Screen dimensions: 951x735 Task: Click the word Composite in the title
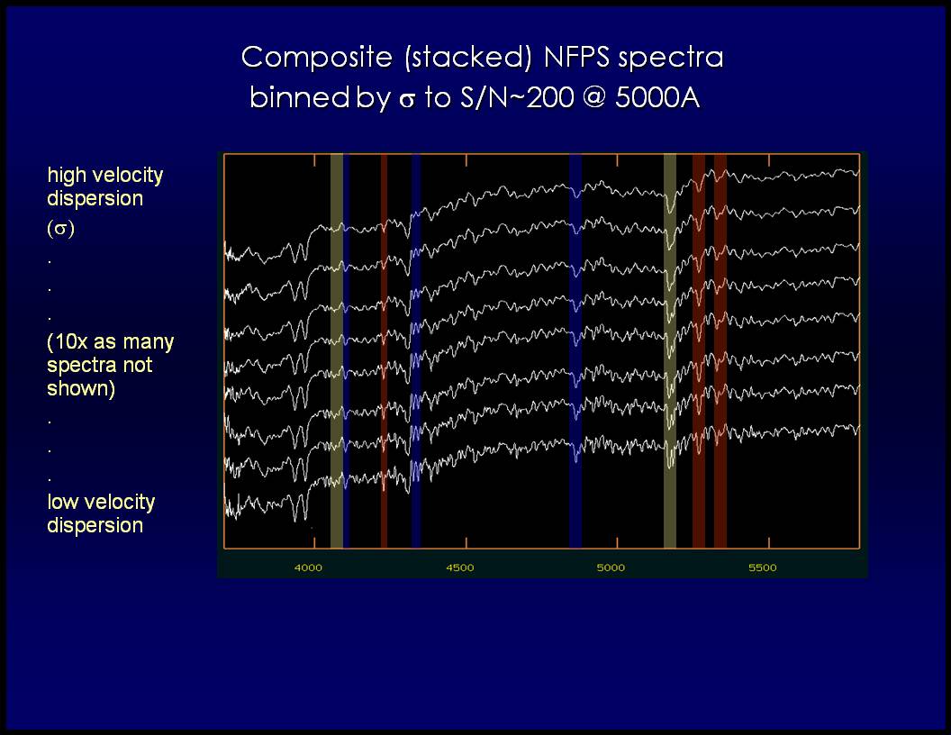coord(317,59)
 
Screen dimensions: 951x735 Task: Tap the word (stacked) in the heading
coord(468,58)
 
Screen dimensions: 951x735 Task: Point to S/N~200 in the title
coord(517,97)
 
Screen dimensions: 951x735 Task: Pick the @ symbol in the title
coord(594,97)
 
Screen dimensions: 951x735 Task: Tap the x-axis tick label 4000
coord(308,567)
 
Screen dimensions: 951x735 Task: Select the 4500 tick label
coord(459,567)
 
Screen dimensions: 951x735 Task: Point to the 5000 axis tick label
coord(611,567)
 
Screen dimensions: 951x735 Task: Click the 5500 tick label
coord(763,567)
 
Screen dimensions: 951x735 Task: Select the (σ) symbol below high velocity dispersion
coord(60,229)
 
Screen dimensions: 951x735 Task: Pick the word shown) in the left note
coord(81,389)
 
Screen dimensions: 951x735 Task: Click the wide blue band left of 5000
coord(575,350)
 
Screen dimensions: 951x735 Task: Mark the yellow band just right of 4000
coord(337,350)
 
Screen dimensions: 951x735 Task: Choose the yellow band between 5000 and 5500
coord(670,350)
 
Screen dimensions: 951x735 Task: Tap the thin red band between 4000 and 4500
coord(384,350)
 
